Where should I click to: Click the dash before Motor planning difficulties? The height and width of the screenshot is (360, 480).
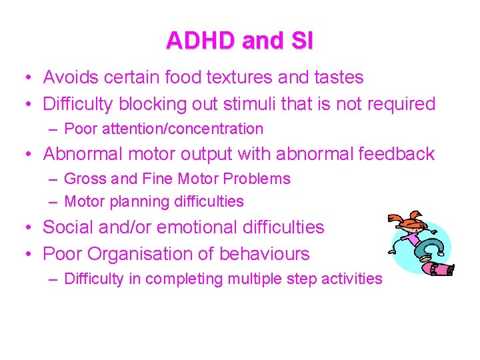coord(53,201)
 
